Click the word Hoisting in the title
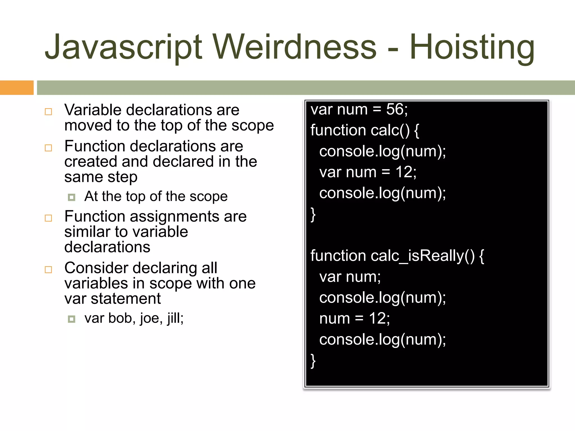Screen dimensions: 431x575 (x=472, y=47)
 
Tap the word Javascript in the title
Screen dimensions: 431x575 (x=124, y=47)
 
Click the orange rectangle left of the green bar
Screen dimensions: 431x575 (x=17, y=88)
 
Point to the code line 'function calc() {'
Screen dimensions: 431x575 (x=364, y=130)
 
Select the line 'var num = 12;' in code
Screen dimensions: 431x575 (x=368, y=172)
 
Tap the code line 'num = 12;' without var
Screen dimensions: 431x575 (x=354, y=319)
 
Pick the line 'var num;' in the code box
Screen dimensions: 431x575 (x=350, y=277)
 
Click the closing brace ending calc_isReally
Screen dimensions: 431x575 (x=313, y=361)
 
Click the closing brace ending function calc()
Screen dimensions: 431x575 (x=313, y=215)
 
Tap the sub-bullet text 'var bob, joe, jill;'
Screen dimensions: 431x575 (x=134, y=318)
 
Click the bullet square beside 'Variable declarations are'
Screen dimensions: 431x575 (x=49, y=112)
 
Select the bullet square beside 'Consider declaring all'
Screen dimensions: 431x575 (x=49, y=270)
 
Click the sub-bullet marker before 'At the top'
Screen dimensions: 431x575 (x=72, y=197)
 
